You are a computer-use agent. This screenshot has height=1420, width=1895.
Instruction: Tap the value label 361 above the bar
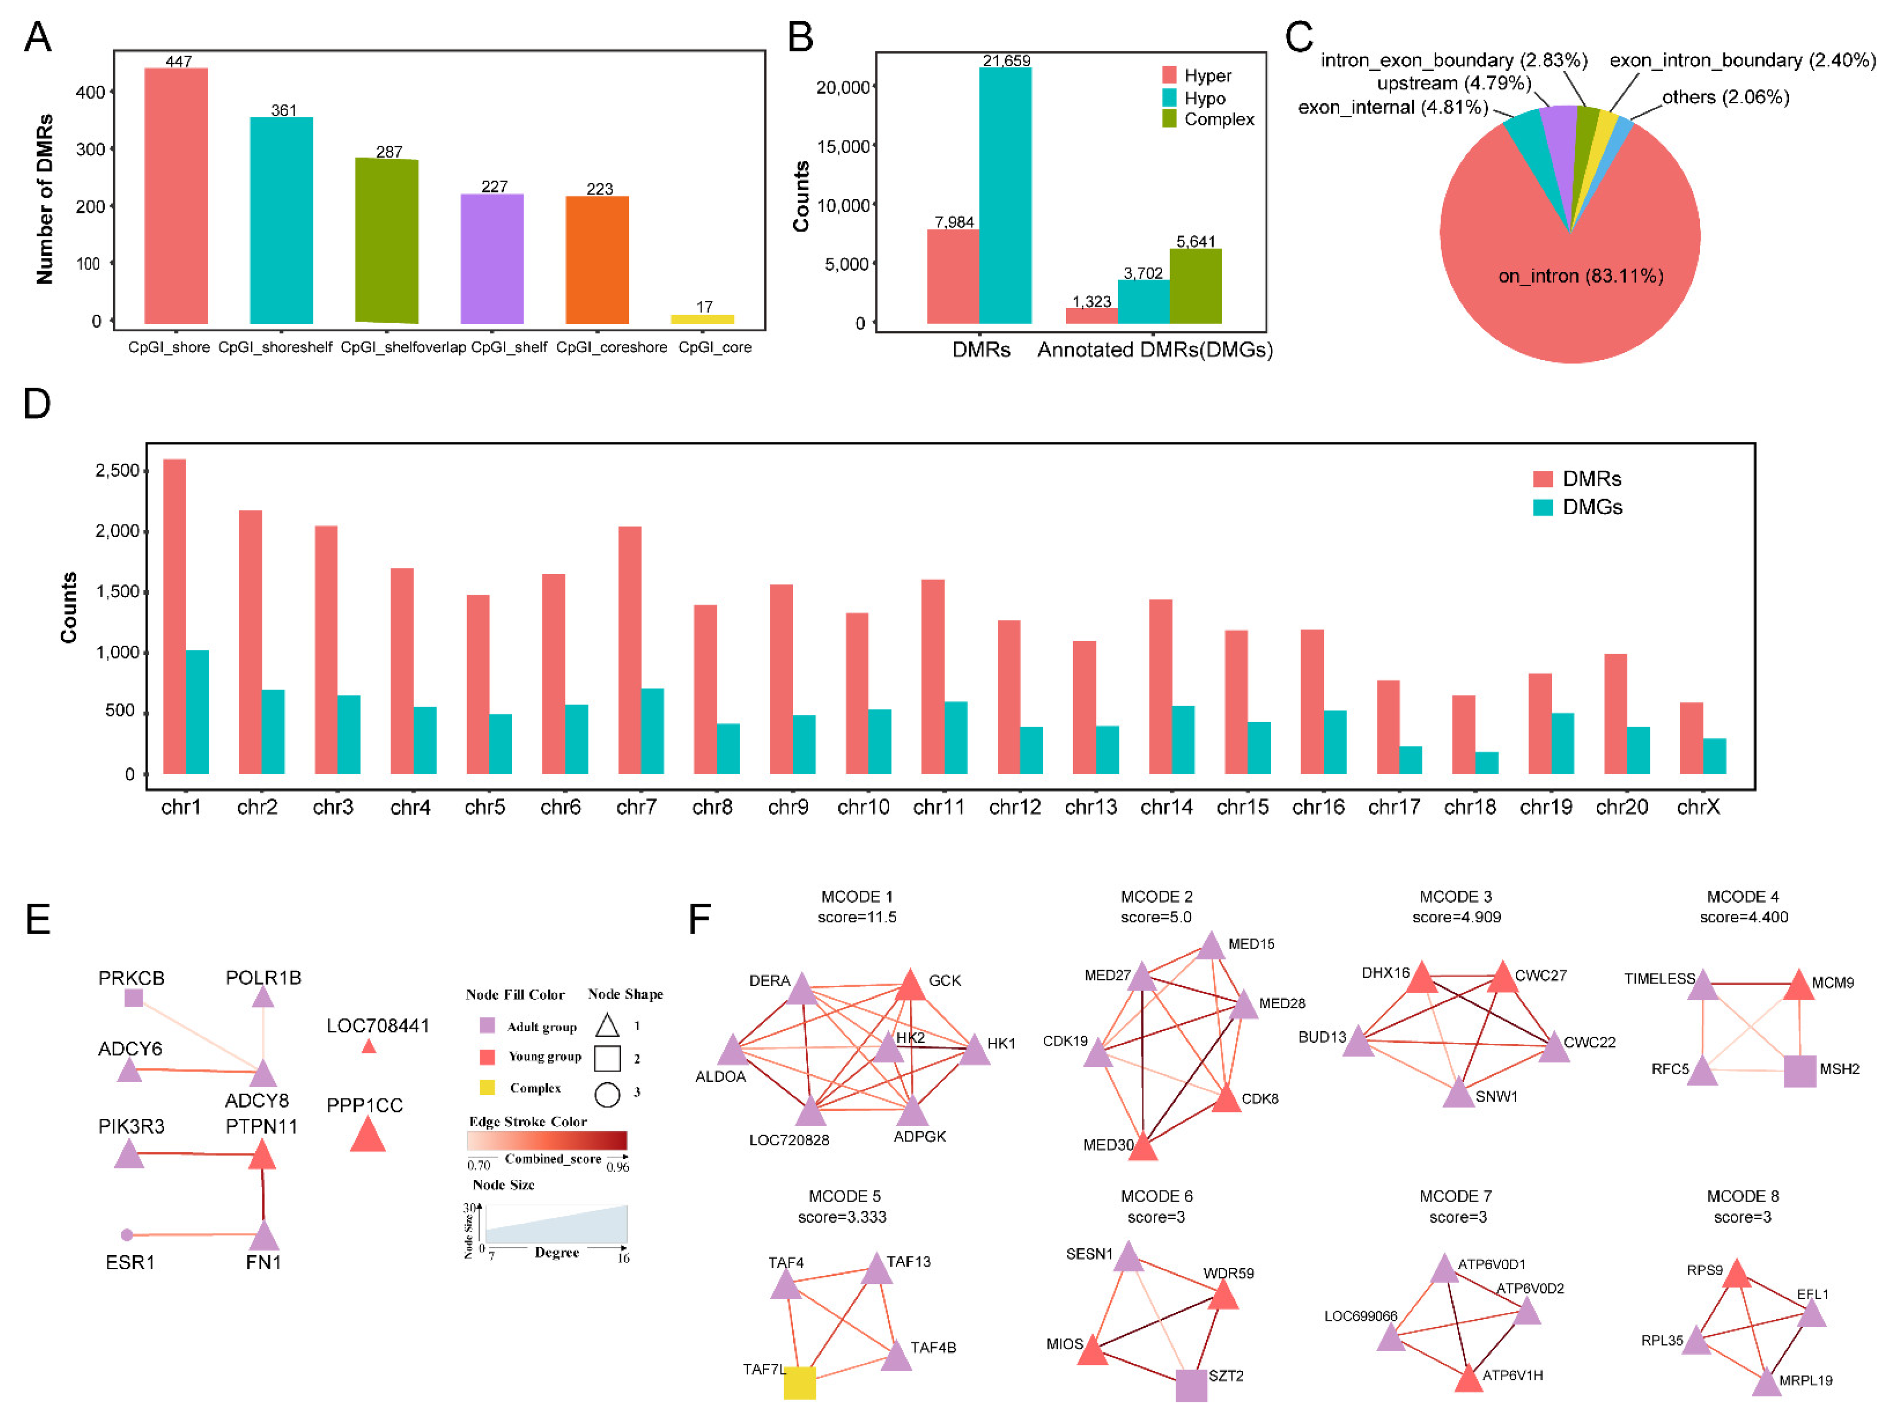coord(284,111)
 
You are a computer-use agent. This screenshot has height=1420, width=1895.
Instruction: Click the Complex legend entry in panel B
coord(1208,119)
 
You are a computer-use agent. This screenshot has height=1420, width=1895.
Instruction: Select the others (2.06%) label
coord(1725,97)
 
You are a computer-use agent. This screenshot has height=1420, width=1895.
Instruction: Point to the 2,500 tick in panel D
coord(117,470)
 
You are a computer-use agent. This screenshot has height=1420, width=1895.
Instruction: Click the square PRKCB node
coord(133,998)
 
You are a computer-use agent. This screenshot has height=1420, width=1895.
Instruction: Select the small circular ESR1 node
coord(127,1235)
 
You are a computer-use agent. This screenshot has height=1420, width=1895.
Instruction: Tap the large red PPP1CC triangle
coord(367,1137)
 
